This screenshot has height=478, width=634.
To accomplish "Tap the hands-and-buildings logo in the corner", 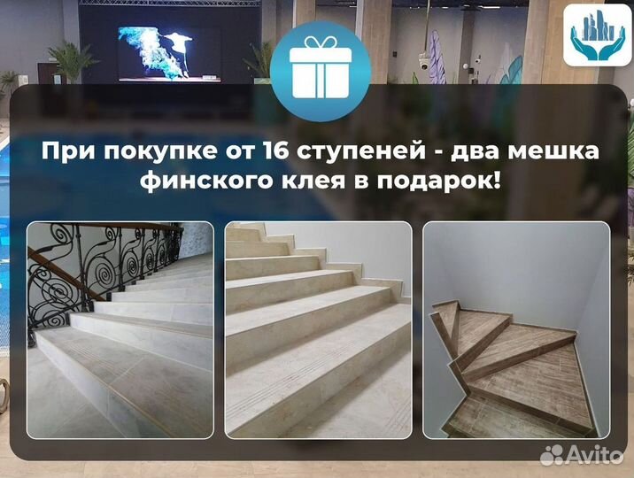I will [x=596, y=35].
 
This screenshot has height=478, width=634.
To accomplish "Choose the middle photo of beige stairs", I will [x=318, y=329].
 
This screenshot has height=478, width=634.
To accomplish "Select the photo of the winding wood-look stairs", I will [x=516, y=329].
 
